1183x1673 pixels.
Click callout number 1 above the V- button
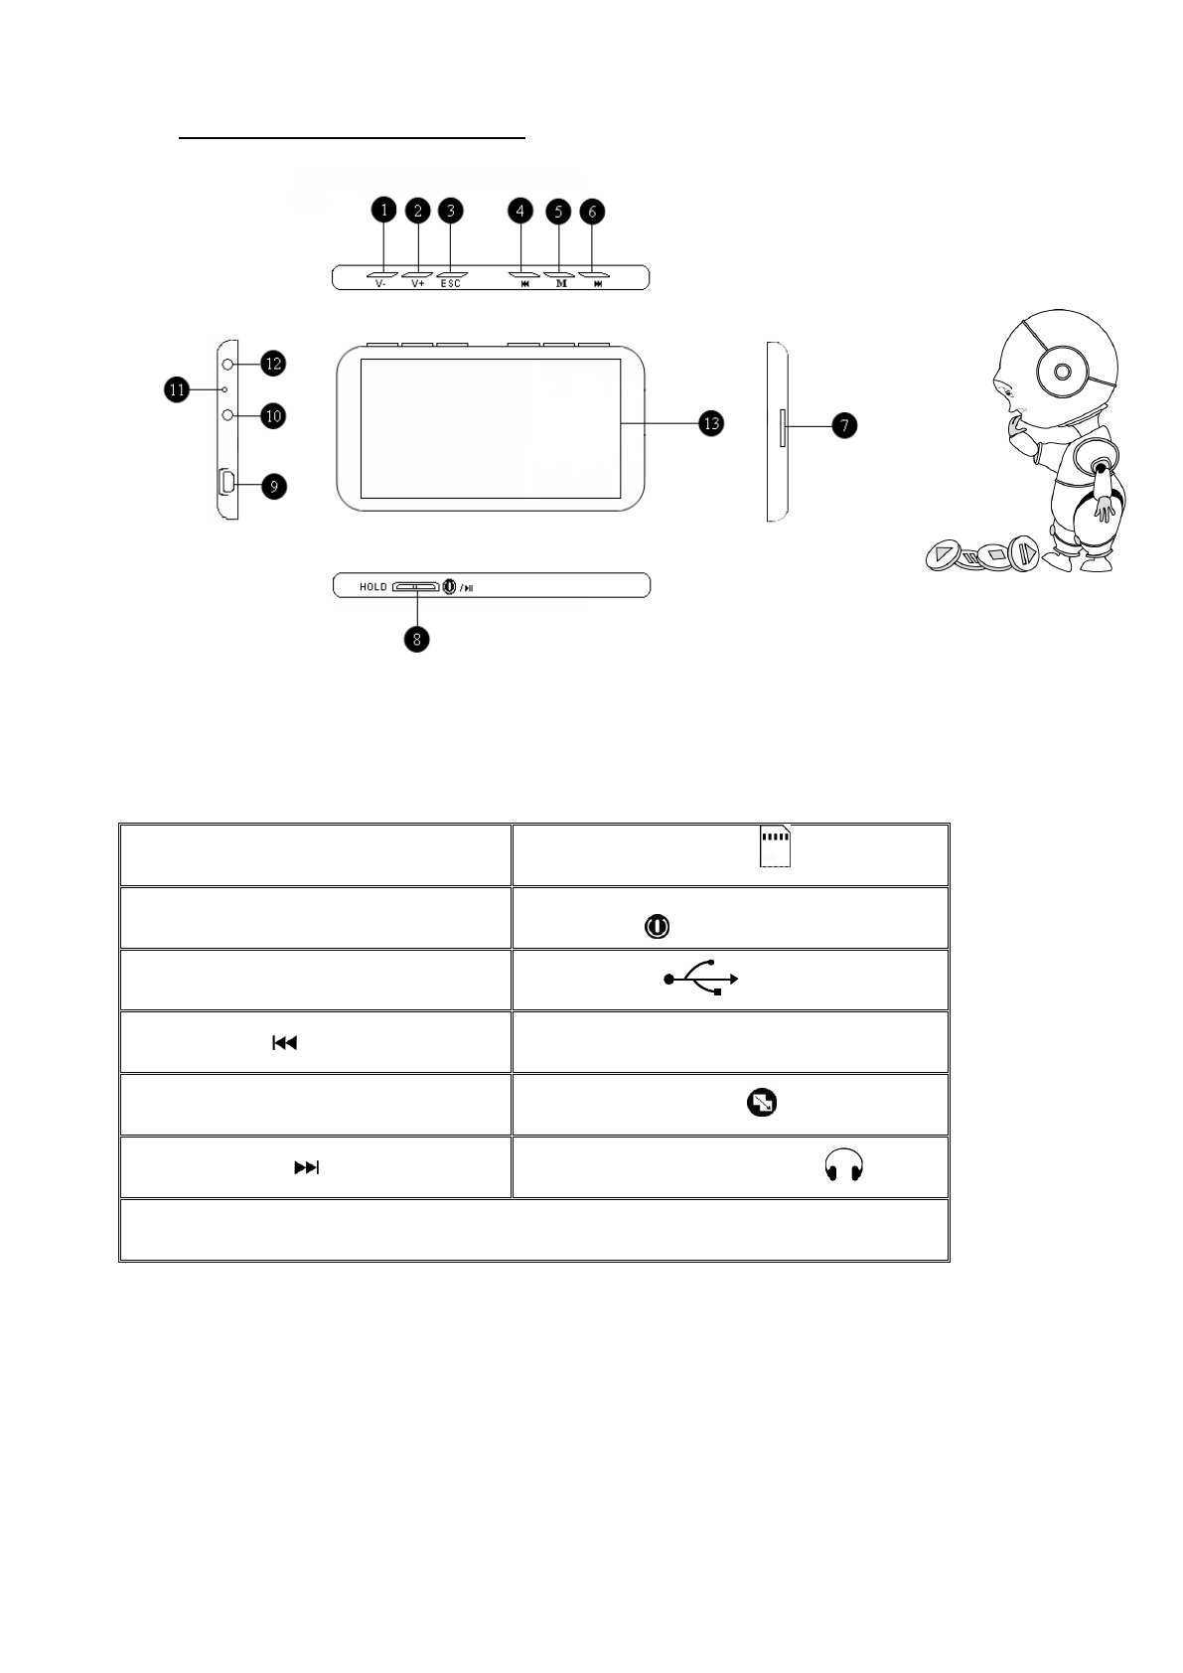coord(383,211)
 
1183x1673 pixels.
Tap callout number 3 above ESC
coord(451,211)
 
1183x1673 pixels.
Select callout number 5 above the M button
coord(558,211)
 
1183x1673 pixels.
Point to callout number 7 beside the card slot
coord(843,425)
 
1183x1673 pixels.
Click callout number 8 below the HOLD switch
coord(417,639)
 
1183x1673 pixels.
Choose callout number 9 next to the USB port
coord(273,486)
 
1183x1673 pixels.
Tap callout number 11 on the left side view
coord(177,389)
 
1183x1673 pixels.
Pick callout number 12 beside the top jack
coord(273,364)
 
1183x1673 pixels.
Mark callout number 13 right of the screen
coord(711,423)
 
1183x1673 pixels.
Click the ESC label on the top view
coord(451,284)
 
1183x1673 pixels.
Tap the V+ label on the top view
coord(417,284)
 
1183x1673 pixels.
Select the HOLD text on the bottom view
coord(373,587)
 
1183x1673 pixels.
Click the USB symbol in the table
coord(701,979)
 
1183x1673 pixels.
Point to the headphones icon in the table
coord(844,1166)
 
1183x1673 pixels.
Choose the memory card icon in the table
coord(775,846)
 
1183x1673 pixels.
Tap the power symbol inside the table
coord(657,927)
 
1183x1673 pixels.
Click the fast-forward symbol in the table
coord(306,1167)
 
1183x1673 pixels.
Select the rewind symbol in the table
coord(285,1043)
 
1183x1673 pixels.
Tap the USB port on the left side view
coord(226,483)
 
